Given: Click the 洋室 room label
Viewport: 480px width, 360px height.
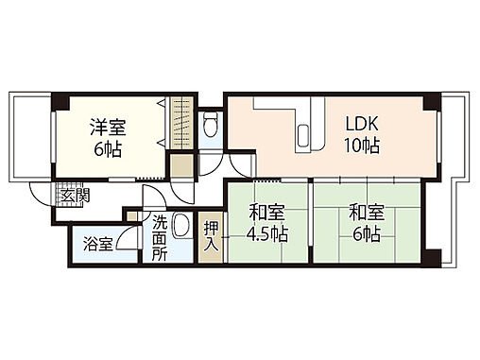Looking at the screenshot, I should (108, 126).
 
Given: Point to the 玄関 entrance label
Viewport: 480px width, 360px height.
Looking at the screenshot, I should (74, 196).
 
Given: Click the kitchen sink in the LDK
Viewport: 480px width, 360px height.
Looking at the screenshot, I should (302, 138).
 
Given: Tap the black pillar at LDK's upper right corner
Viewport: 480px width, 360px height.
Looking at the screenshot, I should (430, 100).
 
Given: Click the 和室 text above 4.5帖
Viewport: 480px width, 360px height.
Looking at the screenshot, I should (267, 213).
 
